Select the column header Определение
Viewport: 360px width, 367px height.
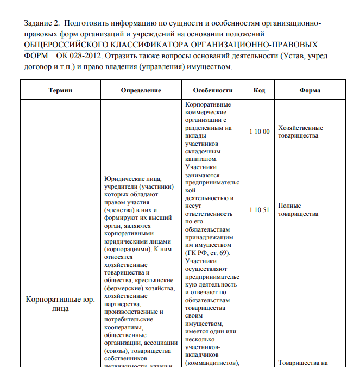point(141,90)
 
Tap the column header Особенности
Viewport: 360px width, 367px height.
point(212,90)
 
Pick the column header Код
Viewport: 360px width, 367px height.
point(259,90)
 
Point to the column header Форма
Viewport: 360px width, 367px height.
point(310,90)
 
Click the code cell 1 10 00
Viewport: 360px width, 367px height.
point(259,132)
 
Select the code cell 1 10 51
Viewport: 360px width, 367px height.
point(259,210)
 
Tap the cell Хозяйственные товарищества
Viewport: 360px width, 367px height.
point(300,132)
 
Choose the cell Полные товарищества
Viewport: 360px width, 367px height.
point(298,210)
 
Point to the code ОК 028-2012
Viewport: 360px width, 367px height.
point(79,56)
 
